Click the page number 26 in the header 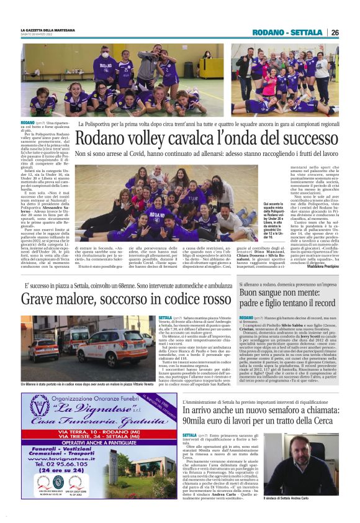click(x=335, y=32)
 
